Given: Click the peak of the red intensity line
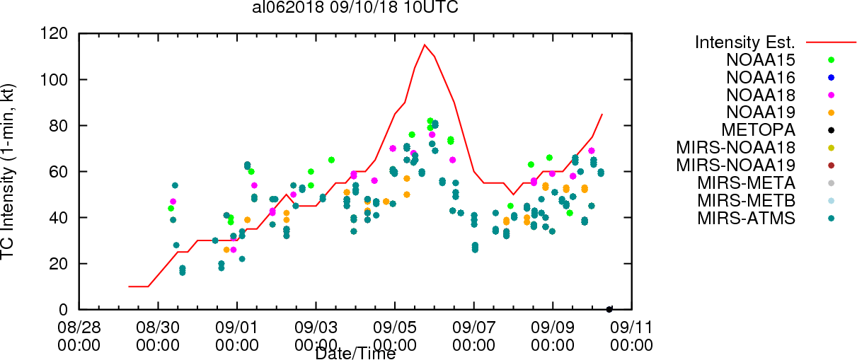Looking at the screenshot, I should tap(425, 45).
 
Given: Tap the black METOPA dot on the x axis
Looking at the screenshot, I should tap(609, 309).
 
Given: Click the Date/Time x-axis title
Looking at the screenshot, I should tap(355, 353).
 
